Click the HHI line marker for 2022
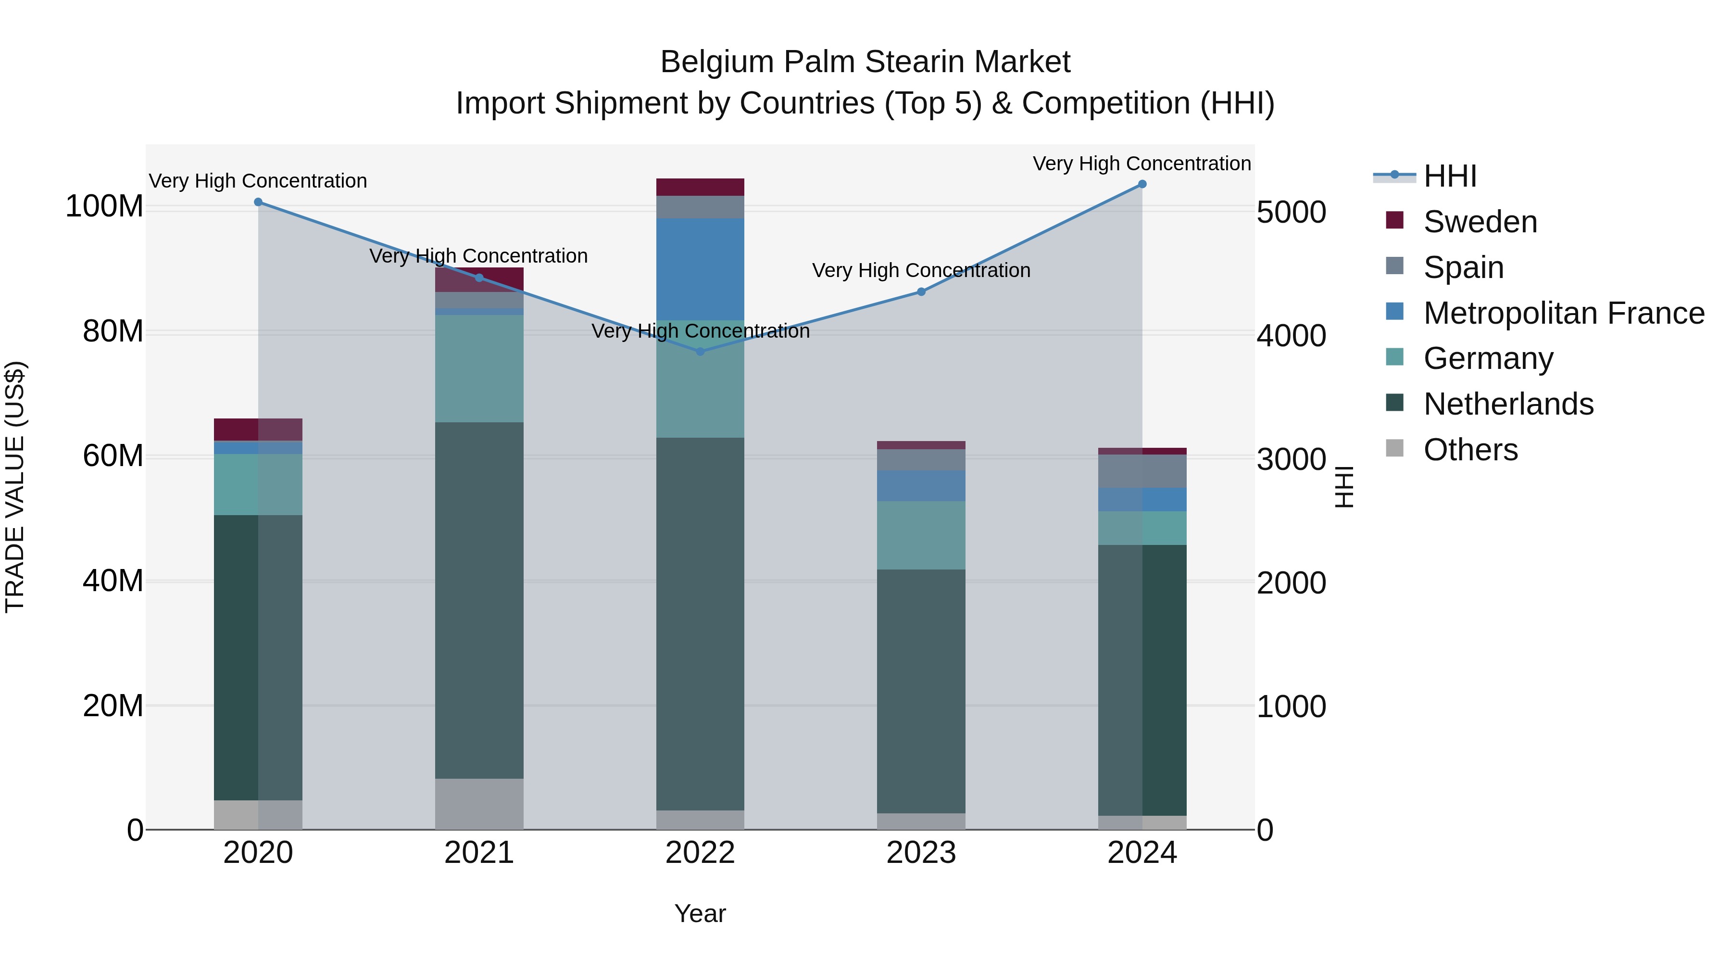click(700, 352)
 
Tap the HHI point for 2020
click(258, 202)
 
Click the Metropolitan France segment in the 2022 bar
click(700, 269)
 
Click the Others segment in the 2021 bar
click(479, 804)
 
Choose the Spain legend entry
click(1463, 267)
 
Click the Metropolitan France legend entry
click(1563, 313)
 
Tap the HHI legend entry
click(1449, 176)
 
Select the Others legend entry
click(1469, 450)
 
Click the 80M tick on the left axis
click(113, 331)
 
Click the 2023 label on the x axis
click(921, 853)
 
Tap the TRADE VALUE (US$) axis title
click(15, 487)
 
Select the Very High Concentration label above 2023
click(921, 270)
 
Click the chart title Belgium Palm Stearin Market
click(865, 62)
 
